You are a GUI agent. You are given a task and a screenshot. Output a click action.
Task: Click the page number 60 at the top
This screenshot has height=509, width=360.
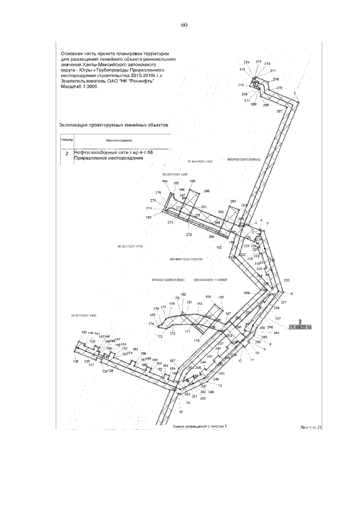click(184, 25)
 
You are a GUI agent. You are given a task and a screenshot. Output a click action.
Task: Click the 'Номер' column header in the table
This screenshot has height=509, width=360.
click(67, 139)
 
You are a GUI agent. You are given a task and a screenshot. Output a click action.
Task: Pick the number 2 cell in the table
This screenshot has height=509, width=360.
click(67, 152)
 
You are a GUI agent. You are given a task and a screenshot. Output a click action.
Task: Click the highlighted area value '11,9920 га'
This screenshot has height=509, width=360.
click(300, 326)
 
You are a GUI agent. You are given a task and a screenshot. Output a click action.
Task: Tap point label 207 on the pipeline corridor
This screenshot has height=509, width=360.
click(279, 111)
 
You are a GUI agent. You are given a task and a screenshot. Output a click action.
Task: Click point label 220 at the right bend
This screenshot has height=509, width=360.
click(287, 280)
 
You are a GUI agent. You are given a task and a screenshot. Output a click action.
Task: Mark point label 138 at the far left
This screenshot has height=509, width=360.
click(75, 361)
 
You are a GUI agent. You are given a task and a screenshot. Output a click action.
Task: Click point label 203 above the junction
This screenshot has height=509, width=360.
click(233, 201)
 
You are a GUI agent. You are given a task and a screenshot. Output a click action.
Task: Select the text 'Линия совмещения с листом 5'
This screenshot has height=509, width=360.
click(200, 427)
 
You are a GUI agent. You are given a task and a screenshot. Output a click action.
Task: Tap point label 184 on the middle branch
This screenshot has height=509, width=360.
click(208, 296)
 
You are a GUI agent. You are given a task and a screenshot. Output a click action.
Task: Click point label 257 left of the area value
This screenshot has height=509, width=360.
click(277, 318)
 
